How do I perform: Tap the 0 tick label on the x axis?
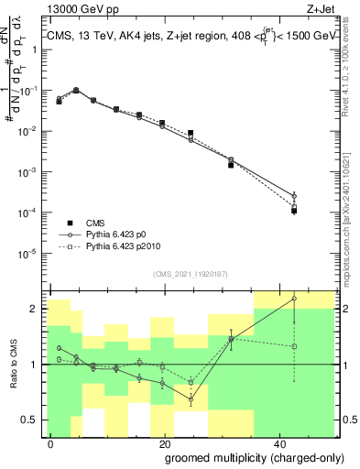pos(51,442)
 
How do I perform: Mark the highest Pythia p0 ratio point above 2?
pos(294,299)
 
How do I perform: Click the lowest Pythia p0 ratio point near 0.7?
pos(191,399)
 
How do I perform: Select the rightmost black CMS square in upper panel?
pos(294,211)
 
